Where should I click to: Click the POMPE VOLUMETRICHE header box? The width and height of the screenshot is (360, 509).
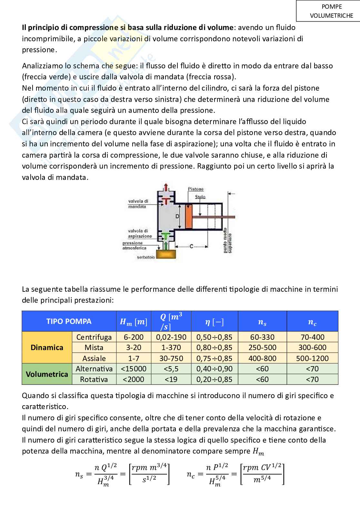328,11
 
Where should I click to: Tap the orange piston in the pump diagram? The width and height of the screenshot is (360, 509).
188,217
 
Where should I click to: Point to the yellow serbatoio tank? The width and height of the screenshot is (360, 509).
166,254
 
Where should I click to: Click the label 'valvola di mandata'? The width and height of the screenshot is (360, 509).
138,204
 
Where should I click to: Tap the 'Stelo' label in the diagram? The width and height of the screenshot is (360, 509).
200,197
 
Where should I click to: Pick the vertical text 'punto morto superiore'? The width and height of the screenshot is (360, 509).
227,240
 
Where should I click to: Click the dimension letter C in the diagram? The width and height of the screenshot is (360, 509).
191,247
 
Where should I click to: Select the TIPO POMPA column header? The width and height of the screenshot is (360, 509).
69,321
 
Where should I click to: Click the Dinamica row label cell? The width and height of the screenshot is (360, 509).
47,347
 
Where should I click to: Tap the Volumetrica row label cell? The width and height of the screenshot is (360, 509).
47,374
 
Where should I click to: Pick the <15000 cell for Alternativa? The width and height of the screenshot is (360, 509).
134,369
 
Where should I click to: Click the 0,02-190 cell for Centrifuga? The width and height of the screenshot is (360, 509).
171,337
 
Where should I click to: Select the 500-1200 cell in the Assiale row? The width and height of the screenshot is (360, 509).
312,358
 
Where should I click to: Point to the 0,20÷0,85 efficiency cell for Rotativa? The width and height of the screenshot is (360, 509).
214,379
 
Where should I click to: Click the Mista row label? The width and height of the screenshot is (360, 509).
94,347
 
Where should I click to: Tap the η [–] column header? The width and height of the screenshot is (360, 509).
214,321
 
